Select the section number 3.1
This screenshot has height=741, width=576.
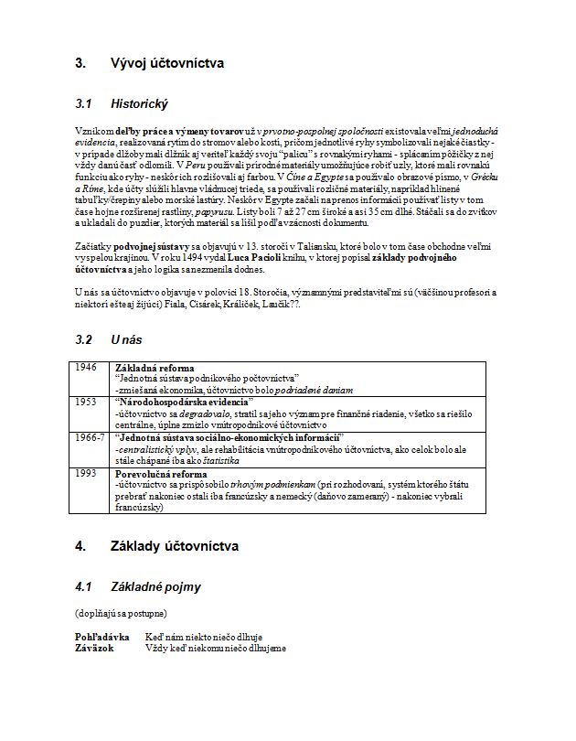pyautogui.click(x=84, y=104)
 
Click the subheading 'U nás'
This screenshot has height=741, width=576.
pyautogui.click(x=126, y=340)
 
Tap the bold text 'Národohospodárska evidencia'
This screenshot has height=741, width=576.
pyautogui.click(x=183, y=403)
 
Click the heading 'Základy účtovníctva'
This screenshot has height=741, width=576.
pyautogui.click(x=174, y=546)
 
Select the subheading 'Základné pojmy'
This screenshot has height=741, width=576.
pyautogui.click(x=156, y=586)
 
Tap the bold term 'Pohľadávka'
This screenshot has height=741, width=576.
pyautogui.click(x=101, y=635)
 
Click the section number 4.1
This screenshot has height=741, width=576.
pyautogui.click(x=84, y=586)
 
